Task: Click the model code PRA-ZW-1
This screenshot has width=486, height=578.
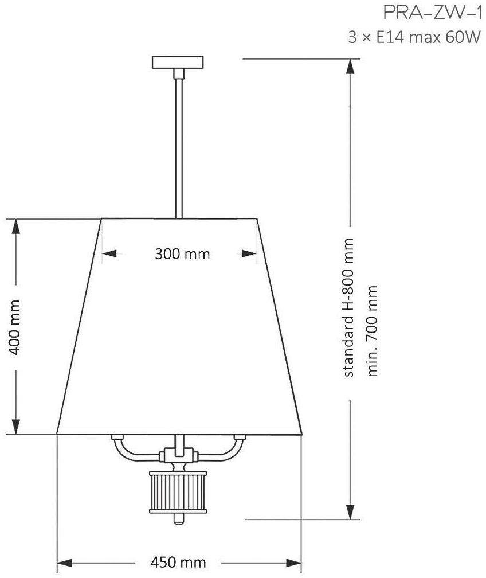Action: click(x=432, y=13)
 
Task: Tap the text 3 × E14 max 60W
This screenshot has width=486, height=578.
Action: click(x=414, y=37)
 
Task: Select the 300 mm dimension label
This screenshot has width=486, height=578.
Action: click(x=182, y=254)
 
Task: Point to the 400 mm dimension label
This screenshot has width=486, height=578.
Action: click(x=15, y=327)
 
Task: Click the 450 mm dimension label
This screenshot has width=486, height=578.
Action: click(x=178, y=563)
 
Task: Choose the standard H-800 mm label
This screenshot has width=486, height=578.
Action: click(x=348, y=308)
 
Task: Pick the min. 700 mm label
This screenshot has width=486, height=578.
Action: click(x=372, y=331)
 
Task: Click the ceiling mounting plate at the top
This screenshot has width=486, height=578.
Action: click(x=178, y=63)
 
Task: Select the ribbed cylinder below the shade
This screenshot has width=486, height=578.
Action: click(x=178, y=492)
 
